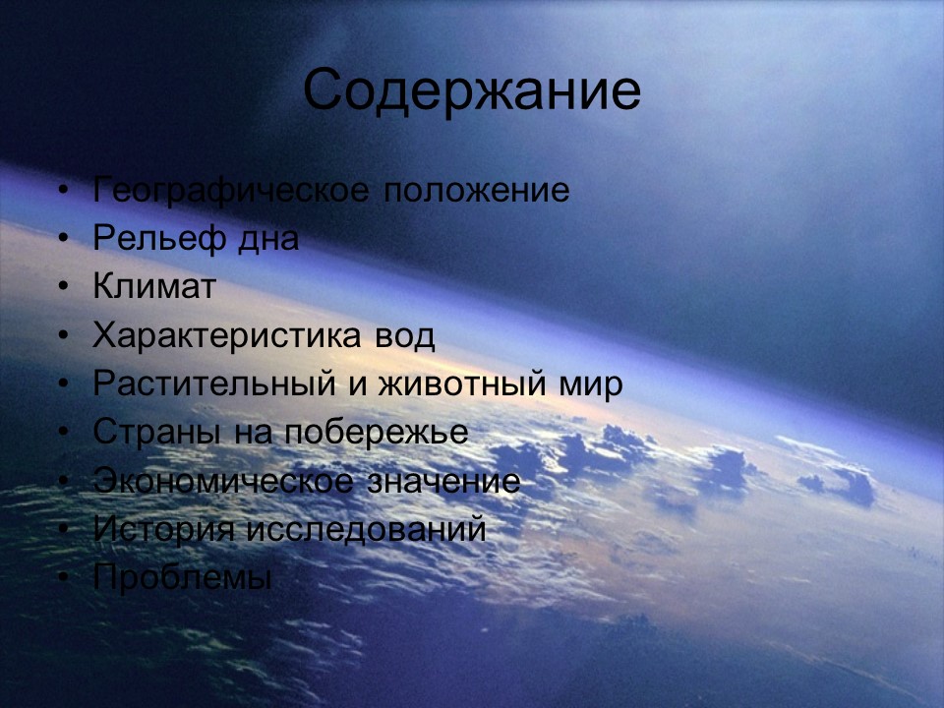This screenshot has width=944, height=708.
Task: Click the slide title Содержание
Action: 472,90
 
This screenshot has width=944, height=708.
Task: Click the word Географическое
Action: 232,191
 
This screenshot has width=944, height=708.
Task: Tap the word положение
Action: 477,191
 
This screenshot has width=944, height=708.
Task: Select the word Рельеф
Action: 147,239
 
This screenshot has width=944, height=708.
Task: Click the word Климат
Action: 154,287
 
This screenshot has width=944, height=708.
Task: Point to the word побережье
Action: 376,433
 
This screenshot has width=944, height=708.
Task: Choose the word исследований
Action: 366,530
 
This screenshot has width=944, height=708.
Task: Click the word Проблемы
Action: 182,578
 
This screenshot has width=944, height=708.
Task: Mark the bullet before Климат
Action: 64,288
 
